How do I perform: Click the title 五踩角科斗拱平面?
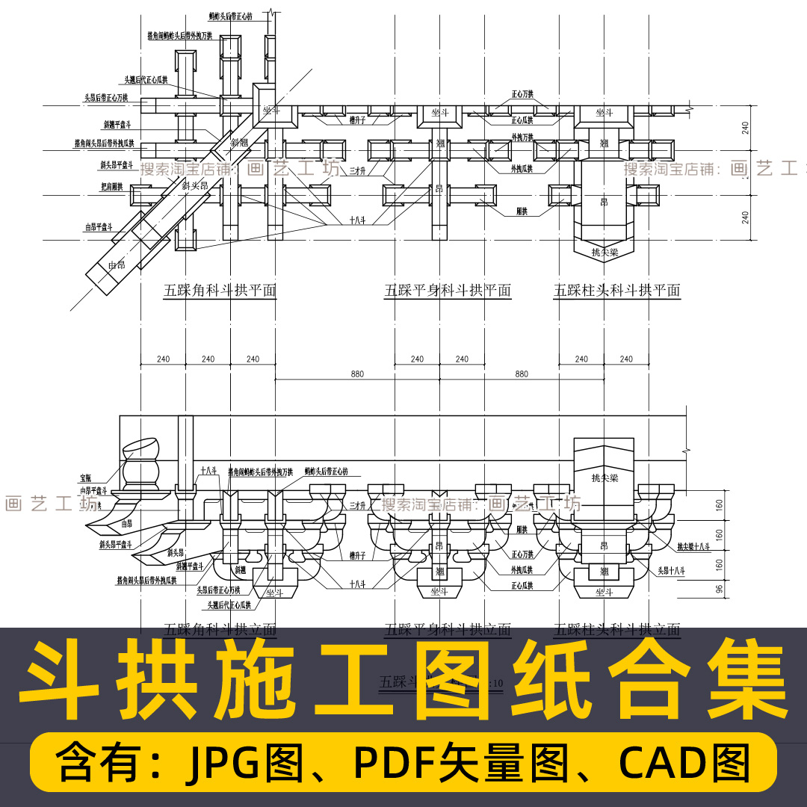220,291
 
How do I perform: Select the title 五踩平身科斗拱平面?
448,291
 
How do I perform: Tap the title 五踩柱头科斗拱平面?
617,291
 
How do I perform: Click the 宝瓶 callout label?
88,477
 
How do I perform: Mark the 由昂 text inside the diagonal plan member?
117,265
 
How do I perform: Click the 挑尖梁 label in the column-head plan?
604,253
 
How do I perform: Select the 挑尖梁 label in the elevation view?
603,477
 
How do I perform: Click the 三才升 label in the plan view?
357,171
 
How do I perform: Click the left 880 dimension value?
357,374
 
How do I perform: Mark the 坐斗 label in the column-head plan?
604,113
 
